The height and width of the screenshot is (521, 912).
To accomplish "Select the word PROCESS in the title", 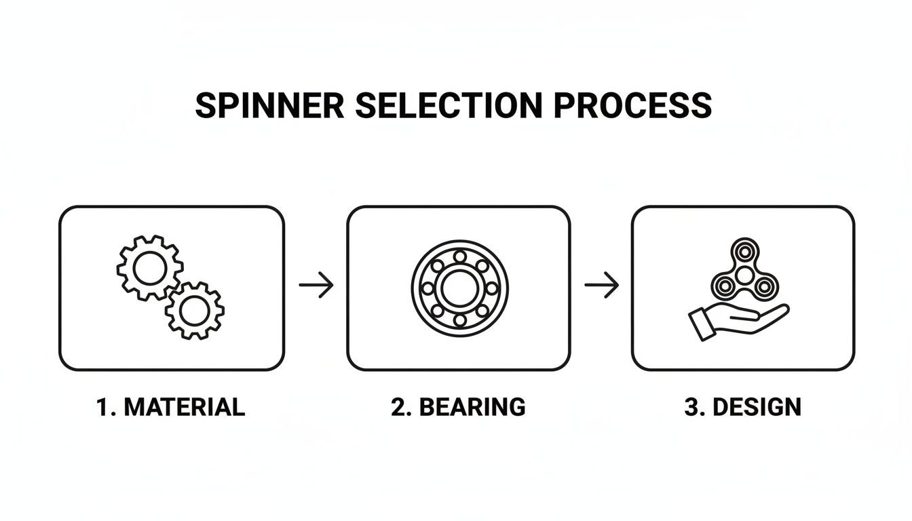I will (633, 106).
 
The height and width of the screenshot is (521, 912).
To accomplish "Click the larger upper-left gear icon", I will (149, 268).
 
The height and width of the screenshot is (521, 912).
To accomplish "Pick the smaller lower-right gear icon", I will (195, 311).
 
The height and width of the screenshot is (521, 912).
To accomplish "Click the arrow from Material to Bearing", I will (316, 286).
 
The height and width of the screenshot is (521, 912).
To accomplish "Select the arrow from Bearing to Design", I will (602, 286).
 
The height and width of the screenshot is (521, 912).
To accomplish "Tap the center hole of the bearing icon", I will (459, 288).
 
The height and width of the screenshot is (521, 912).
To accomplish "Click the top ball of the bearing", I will (459, 256).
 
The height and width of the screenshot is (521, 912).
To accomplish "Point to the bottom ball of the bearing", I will (459, 320).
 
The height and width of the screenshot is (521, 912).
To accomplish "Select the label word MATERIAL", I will (185, 407).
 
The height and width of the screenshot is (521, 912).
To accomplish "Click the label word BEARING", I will (472, 407).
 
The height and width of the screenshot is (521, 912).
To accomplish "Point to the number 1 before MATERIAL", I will (103, 407).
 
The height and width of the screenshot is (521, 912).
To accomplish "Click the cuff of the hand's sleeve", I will (700, 325).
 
